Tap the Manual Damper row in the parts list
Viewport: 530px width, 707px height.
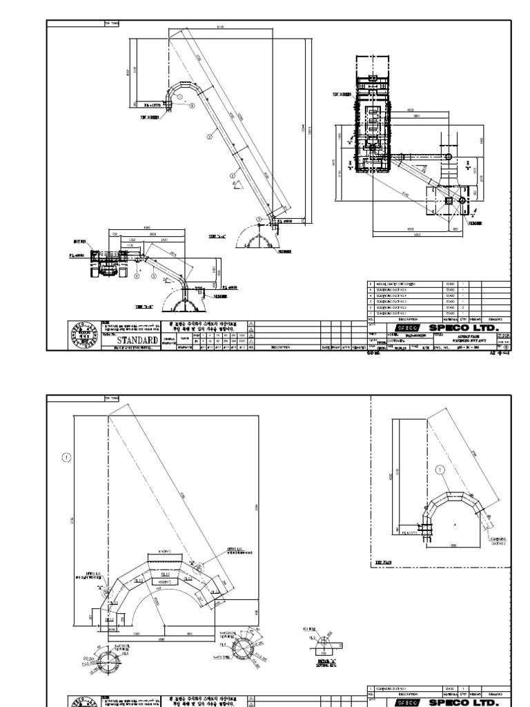[x=400, y=284]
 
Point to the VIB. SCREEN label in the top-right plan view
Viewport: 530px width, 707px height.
[x=342, y=93]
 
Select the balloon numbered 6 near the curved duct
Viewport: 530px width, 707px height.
[x=180, y=99]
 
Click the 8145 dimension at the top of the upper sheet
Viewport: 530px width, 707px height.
[x=220, y=27]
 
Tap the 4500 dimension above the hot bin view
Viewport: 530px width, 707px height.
[x=146, y=226]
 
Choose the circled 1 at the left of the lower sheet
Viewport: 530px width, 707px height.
[x=66, y=456]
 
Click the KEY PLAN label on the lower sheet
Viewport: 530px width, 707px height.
[x=384, y=563]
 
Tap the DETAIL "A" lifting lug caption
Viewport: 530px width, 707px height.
[x=322, y=662]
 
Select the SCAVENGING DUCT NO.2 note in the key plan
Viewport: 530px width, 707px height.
[x=499, y=541]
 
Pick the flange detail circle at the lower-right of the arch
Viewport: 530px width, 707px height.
[x=246, y=650]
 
